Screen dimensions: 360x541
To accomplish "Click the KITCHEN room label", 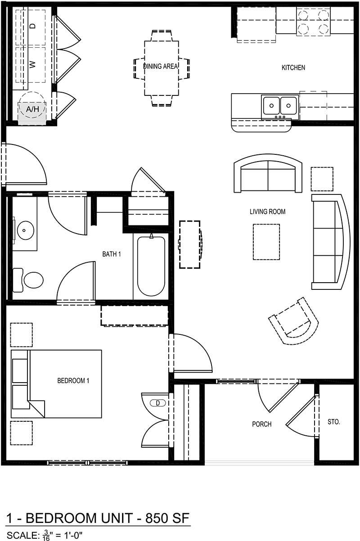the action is pyautogui.click(x=293, y=68).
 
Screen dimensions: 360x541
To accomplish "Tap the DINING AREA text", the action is pyautogui.click(x=161, y=66).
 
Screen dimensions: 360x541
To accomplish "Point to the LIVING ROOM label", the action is pyautogui.click(x=268, y=212).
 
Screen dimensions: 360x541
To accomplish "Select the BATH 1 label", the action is pyautogui.click(x=112, y=254).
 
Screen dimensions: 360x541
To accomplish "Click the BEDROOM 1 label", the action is pyautogui.click(x=73, y=381).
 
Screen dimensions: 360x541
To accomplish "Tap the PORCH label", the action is pyautogui.click(x=262, y=424).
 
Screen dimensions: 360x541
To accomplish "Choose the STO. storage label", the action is pyautogui.click(x=334, y=422).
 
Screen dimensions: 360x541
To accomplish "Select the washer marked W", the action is pyautogui.click(x=31, y=65).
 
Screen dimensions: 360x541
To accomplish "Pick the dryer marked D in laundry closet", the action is pyautogui.click(x=31, y=27).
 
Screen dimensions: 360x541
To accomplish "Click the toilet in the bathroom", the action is pyautogui.click(x=28, y=280).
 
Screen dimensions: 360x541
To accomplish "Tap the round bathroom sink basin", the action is pyautogui.click(x=24, y=230).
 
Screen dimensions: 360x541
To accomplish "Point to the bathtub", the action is pyautogui.click(x=151, y=265).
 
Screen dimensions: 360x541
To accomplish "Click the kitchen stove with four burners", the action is pyautogui.click(x=313, y=22).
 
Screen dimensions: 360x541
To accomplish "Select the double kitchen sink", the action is pyautogui.click(x=280, y=108).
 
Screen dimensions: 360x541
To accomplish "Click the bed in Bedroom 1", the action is pyautogui.click(x=56, y=384).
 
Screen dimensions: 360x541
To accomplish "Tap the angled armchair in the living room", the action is pyautogui.click(x=293, y=320).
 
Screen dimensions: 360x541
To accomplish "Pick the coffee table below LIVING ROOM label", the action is pyautogui.click(x=266, y=242).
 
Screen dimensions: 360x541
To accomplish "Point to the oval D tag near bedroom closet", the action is pyautogui.click(x=157, y=403).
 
